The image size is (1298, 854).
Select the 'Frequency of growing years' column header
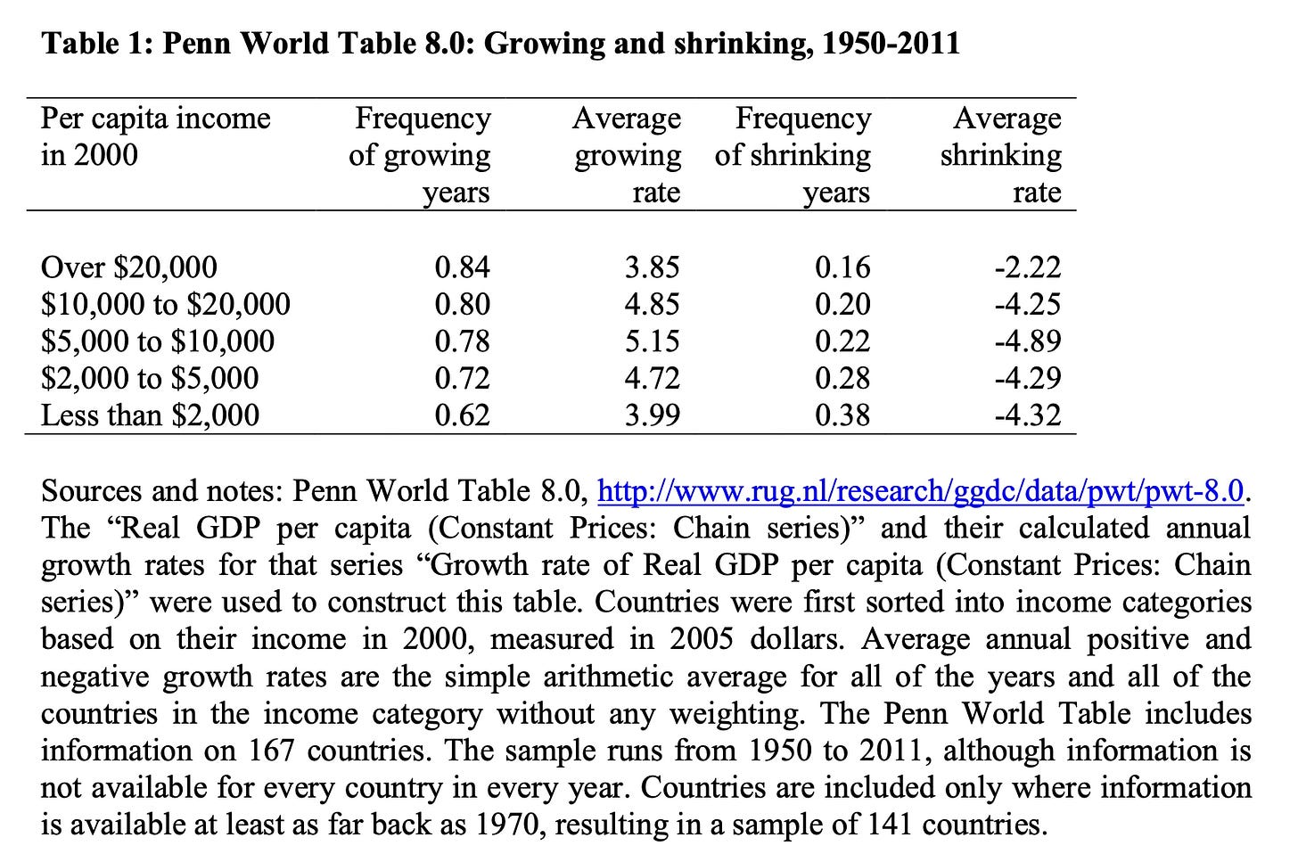420,155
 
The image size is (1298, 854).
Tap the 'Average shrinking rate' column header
1001,155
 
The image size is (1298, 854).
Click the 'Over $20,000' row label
129,267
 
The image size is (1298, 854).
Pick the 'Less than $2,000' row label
151,415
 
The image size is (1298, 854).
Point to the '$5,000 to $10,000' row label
158,341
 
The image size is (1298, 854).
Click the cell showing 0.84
462,267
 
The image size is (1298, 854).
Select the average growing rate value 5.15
652,341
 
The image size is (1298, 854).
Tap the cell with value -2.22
1028,267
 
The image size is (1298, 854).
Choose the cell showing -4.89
1028,341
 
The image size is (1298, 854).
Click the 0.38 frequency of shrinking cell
842,415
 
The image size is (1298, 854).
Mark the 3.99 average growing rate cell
652,415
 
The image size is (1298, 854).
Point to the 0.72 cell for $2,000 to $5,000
462,379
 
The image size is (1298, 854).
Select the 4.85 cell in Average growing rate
652,305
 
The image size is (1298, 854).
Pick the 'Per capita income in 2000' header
155,136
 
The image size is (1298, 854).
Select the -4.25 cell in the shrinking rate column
1028,305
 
